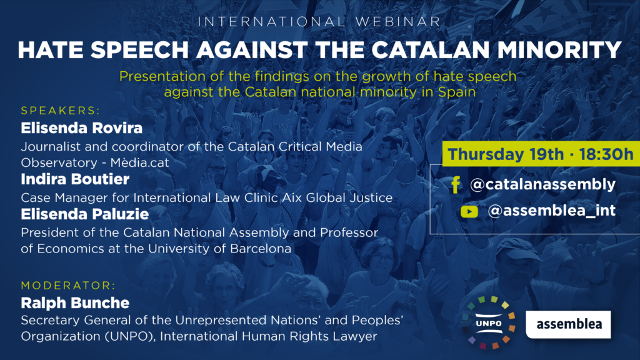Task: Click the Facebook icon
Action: coord(456,184)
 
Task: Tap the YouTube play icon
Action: coord(469,211)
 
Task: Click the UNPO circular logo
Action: coord(489,322)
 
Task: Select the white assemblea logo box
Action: coord(568,324)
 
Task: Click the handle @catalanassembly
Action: coord(543,184)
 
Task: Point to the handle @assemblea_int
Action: coord(551,211)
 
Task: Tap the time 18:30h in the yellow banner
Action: coord(606,154)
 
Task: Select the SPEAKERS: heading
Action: coord(61,111)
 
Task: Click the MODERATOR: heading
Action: coord(68,285)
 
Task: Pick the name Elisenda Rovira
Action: coord(82,128)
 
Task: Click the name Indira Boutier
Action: coord(75,179)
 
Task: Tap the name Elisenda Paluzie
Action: coord(85,214)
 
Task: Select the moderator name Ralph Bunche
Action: coord(75,303)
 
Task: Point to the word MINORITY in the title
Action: coord(559,50)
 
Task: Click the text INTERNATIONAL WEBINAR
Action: coord(319,22)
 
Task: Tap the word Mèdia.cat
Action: coord(139,162)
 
